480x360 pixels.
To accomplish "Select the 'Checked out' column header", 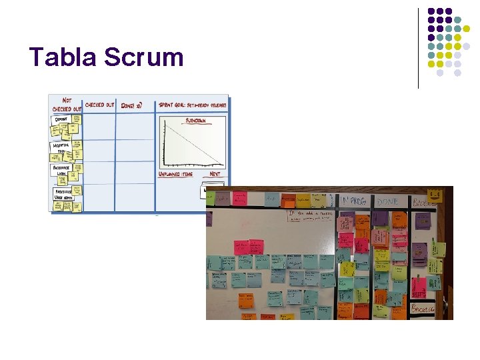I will pyautogui.click(x=100, y=105).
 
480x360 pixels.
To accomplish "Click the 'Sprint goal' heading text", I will pyautogui.click(x=193, y=105).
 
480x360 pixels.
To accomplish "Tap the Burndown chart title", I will pyautogui.click(x=195, y=121).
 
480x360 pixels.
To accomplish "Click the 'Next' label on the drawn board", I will pyautogui.click(x=215, y=174).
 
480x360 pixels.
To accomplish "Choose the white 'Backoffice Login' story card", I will pyautogui.click(x=61, y=170).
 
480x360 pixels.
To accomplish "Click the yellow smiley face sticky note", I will pyautogui.click(x=435, y=195).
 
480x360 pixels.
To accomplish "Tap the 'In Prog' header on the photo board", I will pyautogui.click(x=353, y=201).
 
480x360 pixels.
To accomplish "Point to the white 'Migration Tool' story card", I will pyautogui.click(x=61, y=147).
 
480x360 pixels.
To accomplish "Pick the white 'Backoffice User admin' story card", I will pyautogui.click(x=63, y=194).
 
